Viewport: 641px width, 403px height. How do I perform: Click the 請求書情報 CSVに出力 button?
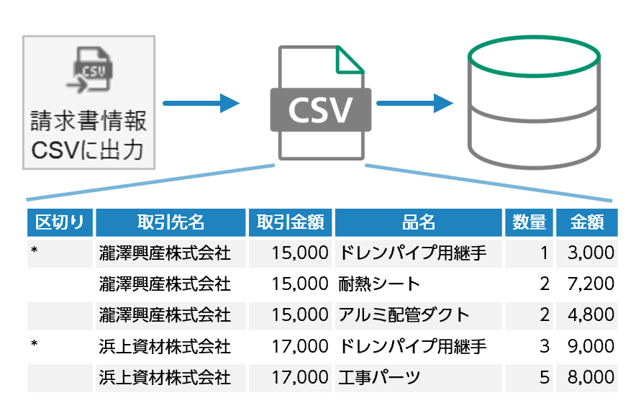pyautogui.click(x=88, y=102)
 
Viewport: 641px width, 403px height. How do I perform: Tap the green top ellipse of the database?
pyautogui.click(x=534, y=57)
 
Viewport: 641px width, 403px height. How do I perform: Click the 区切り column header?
pyautogui.click(x=60, y=222)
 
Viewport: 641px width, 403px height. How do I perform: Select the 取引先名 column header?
pyautogui.click(x=171, y=222)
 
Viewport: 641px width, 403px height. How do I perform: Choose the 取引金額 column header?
pyautogui.click(x=290, y=222)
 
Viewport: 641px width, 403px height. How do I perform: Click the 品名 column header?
pyautogui.click(x=418, y=222)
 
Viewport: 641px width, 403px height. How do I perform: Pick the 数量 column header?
pyautogui.click(x=528, y=222)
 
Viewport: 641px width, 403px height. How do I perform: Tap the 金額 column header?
pyautogui.click(x=586, y=222)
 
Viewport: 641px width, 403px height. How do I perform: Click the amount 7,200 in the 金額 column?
pyautogui.click(x=591, y=284)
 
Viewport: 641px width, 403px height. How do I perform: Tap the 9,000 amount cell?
pyautogui.click(x=591, y=346)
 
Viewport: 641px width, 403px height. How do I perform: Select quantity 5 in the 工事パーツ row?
pyautogui.click(x=544, y=376)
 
